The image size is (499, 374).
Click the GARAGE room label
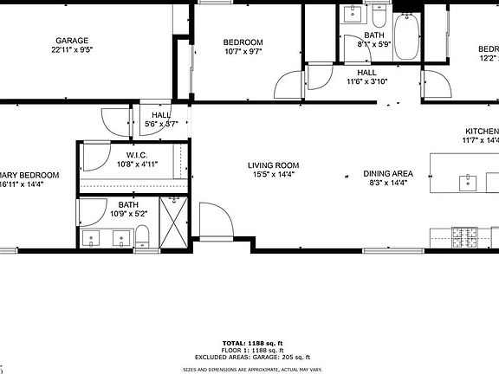73,41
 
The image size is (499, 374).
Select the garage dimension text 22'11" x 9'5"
73,50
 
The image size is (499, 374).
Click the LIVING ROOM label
273,164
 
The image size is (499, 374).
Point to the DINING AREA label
388,173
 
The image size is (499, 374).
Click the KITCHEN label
481,131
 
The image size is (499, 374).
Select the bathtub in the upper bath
406,35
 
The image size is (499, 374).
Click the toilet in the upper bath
379,15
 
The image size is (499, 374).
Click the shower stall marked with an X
175,223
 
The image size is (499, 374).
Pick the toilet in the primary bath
143,234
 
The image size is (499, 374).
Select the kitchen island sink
469,181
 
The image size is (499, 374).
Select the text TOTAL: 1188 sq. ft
249,344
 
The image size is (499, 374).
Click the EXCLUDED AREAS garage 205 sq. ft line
249,358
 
